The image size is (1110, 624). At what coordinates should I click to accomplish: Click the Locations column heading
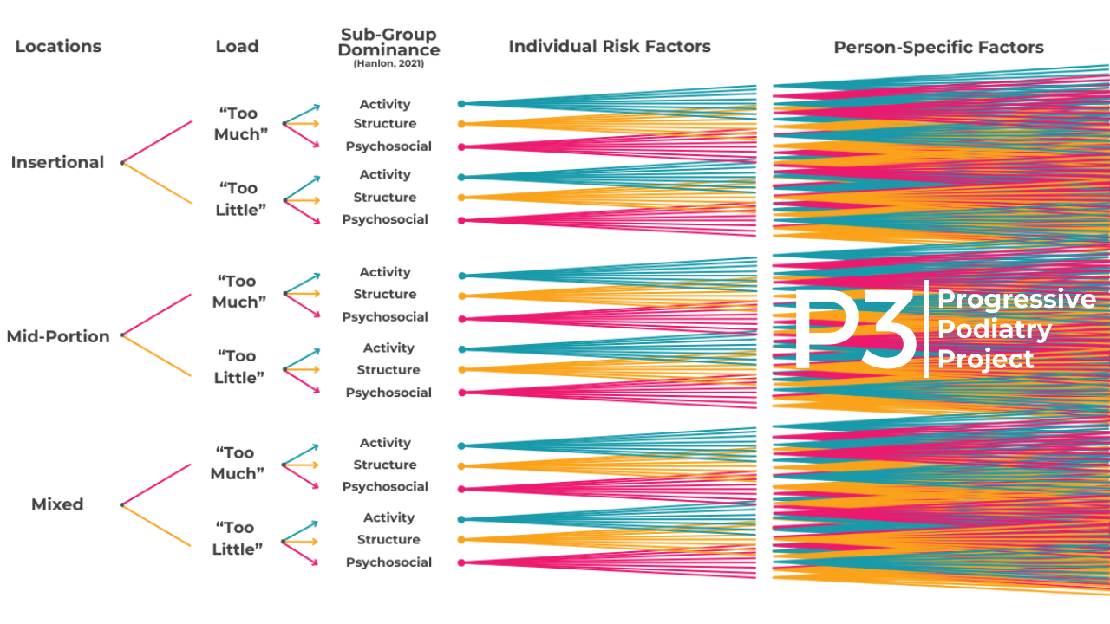click(58, 47)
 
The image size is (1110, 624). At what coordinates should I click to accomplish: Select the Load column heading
click(237, 47)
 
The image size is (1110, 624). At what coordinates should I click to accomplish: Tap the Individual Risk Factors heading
click(609, 47)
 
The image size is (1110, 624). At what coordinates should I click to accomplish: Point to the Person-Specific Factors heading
click(938, 48)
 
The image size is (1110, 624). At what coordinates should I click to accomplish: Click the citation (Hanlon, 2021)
click(388, 63)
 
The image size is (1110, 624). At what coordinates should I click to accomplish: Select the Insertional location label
click(57, 162)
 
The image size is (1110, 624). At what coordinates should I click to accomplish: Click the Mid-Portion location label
click(58, 336)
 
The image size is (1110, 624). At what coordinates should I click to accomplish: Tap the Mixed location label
click(57, 504)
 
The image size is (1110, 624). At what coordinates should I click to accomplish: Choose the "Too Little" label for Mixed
click(237, 538)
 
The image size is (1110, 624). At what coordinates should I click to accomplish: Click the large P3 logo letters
click(854, 330)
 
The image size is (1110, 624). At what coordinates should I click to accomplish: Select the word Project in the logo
click(986, 359)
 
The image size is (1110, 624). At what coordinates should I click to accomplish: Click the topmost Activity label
click(385, 104)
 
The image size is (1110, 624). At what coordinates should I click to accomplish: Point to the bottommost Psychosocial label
click(388, 562)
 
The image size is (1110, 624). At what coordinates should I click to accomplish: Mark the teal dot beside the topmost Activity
click(461, 104)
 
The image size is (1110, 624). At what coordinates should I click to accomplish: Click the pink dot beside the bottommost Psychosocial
click(461, 562)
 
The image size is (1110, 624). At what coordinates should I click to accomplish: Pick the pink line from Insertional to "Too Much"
click(158, 141)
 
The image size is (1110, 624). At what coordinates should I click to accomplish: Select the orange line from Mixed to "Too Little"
click(158, 525)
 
